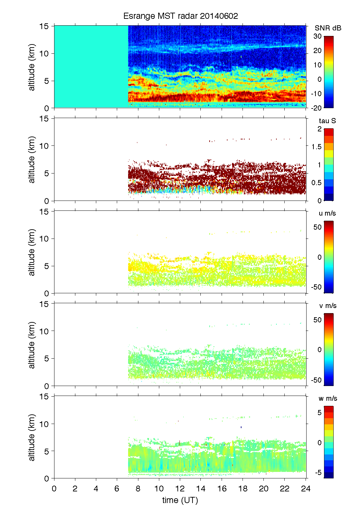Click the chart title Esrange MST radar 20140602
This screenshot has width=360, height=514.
tap(181, 16)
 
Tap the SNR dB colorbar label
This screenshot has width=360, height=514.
tap(328, 28)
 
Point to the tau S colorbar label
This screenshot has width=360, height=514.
tap(327, 121)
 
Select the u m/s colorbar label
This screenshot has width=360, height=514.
tap(327, 213)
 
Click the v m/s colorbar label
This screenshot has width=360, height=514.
tap(327, 306)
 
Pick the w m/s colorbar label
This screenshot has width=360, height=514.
tap(327, 398)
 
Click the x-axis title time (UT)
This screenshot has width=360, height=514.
tap(180, 500)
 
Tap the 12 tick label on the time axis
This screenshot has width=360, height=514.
tap(180, 488)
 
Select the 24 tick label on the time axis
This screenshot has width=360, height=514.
tap(306, 488)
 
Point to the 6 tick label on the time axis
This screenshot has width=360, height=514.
tap(117, 488)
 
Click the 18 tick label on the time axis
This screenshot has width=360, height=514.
tap(243, 488)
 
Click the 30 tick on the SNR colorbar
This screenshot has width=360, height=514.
tap(318, 36)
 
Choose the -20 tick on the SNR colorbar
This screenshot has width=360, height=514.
tap(316, 108)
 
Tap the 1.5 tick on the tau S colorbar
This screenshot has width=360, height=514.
tap(316, 147)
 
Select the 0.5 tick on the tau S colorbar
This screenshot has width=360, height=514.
tap(316, 183)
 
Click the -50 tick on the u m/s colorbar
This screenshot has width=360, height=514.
tap(316, 287)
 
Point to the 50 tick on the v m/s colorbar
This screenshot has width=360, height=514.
tap(318, 320)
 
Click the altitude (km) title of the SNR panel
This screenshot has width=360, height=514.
tap(32, 67)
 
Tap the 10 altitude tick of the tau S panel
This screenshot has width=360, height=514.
tap(44, 146)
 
